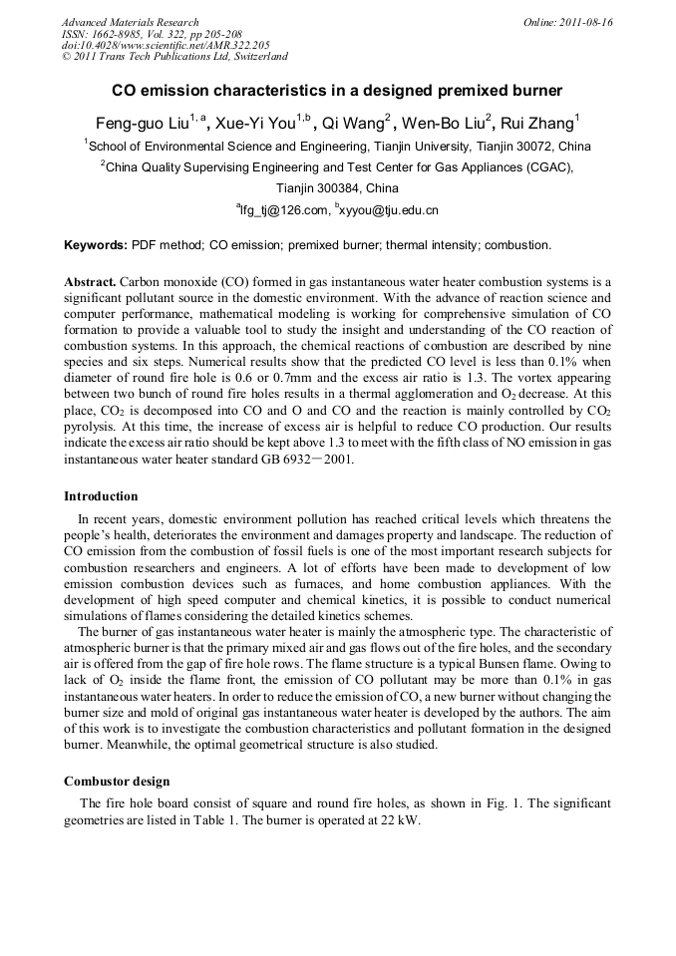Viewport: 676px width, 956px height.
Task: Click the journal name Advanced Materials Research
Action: [130, 22]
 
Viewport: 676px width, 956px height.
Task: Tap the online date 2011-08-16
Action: [586, 22]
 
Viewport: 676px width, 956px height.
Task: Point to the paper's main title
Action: [337, 91]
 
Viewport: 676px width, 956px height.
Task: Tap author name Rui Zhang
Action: [538, 125]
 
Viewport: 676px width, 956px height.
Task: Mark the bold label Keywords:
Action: [96, 244]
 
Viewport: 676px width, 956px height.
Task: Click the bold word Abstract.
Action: [90, 282]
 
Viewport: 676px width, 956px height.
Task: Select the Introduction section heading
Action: [101, 496]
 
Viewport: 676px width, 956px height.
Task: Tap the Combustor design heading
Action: [117, 782]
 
